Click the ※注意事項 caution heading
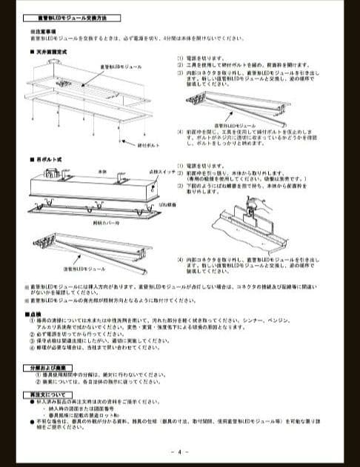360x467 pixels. (x=42, y=31)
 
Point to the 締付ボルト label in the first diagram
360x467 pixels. (x=149, y=145)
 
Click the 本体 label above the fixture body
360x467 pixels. (x=102, y=170)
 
